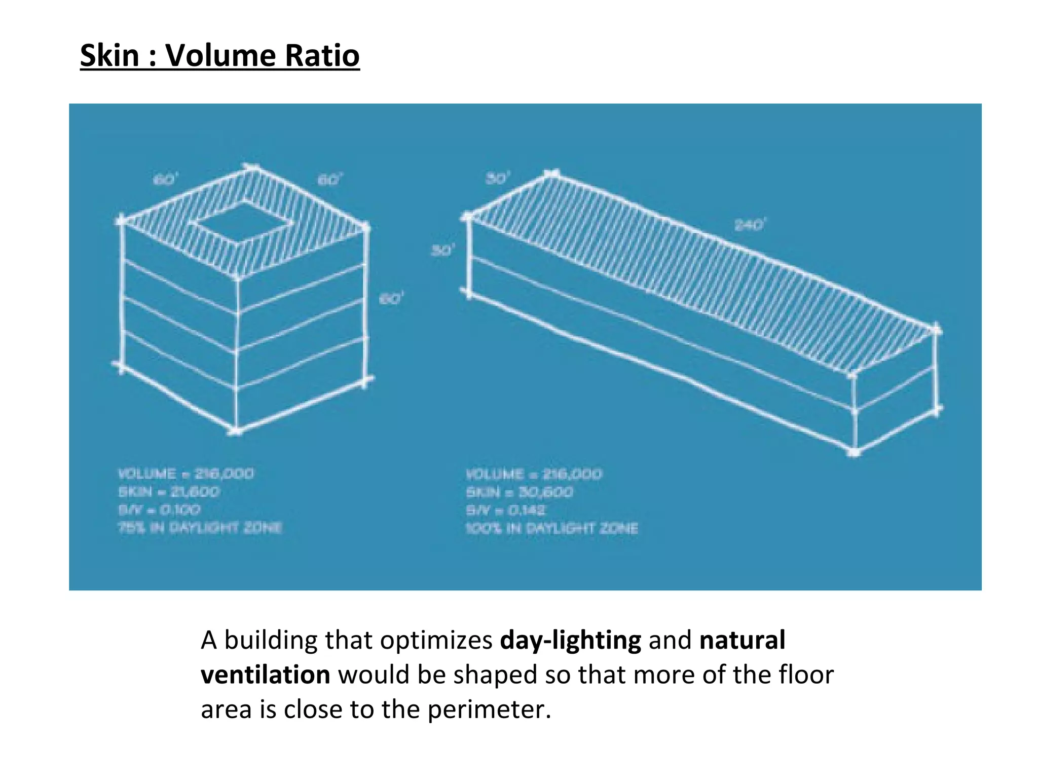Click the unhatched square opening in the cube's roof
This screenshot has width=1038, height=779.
(244, 223)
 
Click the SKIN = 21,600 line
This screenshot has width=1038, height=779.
(169, 492)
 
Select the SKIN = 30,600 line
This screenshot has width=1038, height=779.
(520, 492)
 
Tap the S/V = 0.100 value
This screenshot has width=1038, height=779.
(159, 510)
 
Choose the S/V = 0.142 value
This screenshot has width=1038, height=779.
(506, 510)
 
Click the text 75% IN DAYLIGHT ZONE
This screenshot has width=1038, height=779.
(200, 528)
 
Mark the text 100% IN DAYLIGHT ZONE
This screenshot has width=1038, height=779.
(551, 528)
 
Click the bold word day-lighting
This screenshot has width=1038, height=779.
(570, 640)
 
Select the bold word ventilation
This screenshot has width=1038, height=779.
(265, 675)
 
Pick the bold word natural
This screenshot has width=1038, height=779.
(742, 640)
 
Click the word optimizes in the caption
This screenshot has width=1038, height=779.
(436, 640)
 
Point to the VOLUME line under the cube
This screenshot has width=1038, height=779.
(186, 474)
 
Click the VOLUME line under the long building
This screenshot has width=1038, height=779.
(534, 475)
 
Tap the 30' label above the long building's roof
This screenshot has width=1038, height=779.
(498, 179)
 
